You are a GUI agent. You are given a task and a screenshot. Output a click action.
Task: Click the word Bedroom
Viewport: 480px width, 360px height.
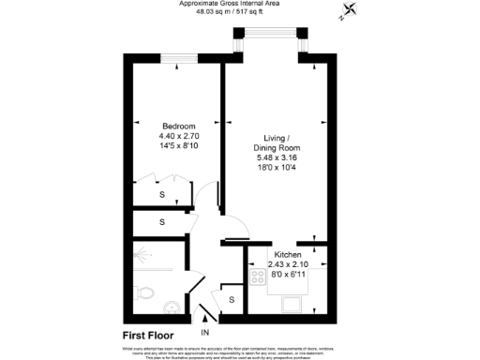pos(178,127)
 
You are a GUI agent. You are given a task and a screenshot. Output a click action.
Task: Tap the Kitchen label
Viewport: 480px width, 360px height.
pos(287,254)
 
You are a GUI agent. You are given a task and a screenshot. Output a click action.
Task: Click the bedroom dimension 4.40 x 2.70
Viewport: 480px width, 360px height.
pos(178,137)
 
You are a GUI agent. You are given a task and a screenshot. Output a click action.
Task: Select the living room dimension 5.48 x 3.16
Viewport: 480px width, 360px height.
pos(277,157)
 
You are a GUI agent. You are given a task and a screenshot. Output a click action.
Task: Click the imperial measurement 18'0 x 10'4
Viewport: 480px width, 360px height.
pos(277,168)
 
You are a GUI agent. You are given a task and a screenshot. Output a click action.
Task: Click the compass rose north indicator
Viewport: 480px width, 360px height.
pos(351,10)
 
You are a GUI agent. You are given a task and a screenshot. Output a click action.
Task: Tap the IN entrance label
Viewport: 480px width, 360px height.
pos(205,332)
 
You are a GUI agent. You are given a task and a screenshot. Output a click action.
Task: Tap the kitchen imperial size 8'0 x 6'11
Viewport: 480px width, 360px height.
pos(287,275)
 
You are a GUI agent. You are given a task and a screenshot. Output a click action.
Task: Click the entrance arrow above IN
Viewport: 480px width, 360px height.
pos(205,320)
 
